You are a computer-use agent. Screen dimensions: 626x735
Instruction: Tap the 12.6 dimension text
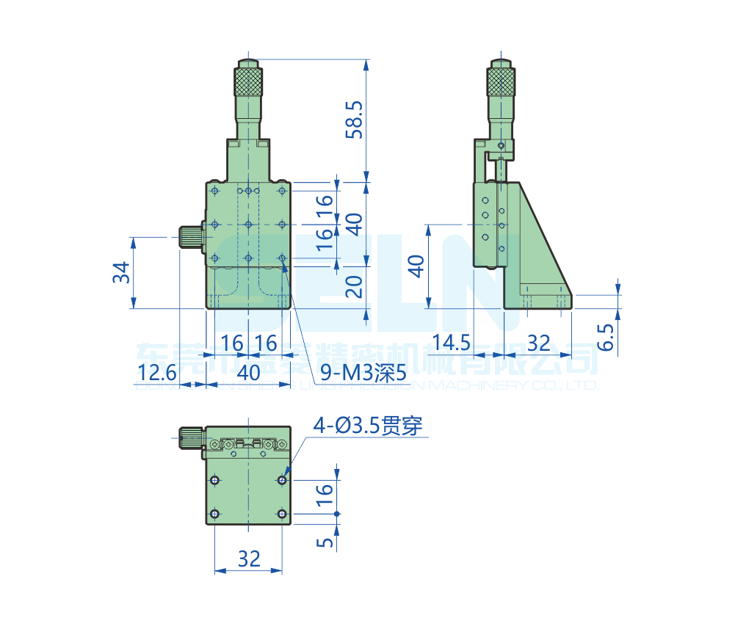[x=156, y=373]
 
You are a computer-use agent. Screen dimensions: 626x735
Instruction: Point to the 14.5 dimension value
[x=452, y=343]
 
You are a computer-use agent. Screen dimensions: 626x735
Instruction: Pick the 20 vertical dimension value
[x=355, y=286]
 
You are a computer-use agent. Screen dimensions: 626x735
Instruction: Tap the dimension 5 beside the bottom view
[x=326, y=542]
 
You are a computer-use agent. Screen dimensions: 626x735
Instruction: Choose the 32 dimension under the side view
[x=538, y=343]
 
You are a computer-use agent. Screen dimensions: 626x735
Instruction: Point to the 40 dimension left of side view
[x=416, y=266]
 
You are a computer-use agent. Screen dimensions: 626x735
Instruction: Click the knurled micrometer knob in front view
[x=248, y=81]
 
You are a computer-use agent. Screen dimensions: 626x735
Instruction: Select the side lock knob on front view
[x=190, y=238]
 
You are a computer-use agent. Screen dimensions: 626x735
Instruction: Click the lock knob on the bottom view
[x=190, y=438]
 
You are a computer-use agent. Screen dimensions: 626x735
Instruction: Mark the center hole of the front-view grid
[x=249, y=224]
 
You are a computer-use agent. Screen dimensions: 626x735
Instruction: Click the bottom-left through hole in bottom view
[x=214, y=513]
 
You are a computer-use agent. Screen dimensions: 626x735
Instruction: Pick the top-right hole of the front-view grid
[x=283, y=191]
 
